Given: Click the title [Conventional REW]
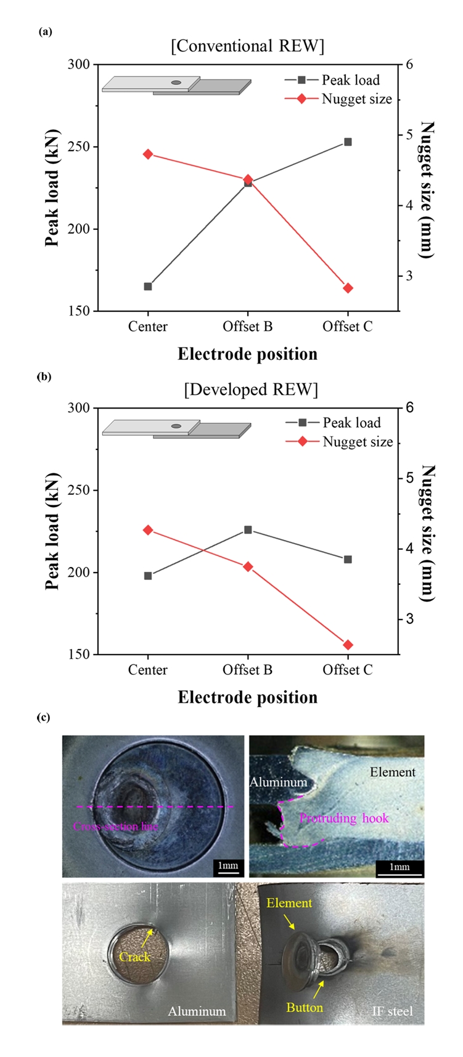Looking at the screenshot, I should tap(247, 46).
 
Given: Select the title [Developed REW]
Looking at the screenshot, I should tap(251, 390).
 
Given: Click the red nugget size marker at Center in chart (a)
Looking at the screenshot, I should tap(148, 154).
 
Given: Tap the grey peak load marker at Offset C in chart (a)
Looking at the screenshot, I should tap(348, 142).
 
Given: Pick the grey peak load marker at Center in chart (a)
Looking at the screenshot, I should tap(148, 287).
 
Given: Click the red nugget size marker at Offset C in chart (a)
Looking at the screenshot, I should tap(348, 288).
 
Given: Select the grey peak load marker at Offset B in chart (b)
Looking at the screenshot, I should tap(248, 529).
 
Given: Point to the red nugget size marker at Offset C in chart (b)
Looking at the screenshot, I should tap(348, 645).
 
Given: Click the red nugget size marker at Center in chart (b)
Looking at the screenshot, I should tap(148, 530).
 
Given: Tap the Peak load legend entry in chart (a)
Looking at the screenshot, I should tap(350, 80).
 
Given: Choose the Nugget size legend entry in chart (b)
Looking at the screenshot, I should tap(358, 442).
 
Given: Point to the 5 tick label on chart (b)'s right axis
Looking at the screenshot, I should tap(408, 478).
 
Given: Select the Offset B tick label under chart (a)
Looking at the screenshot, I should tap(248, 327).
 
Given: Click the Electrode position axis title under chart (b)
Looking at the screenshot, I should tap(248, 697).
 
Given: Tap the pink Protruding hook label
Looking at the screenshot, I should tap(344, 818).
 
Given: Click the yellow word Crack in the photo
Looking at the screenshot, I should tap(134, 957).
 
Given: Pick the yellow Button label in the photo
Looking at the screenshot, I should tap(305, 1007).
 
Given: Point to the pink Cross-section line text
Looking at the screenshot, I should tap(116, 826).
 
